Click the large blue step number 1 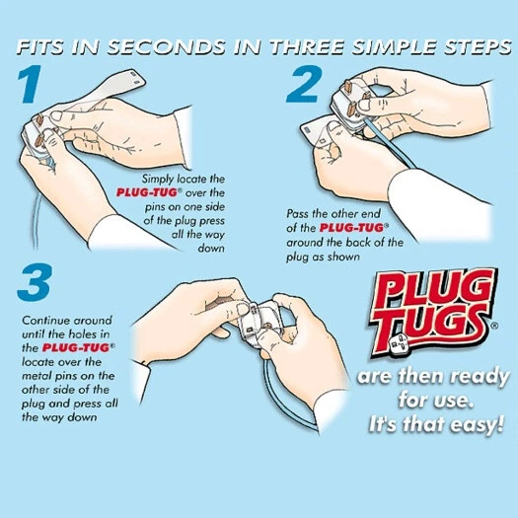tap(30, 84)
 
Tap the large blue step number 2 tap(304, 84)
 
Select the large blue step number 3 tap(35, 282)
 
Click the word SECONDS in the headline tap(166, 47)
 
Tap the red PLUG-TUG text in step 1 tap(148, 192)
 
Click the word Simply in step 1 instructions tap(158, 180)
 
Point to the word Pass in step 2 tap(297, 214)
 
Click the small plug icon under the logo tap(398, 344)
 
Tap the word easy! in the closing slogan tap(475, 424)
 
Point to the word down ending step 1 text tap(211, 248)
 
